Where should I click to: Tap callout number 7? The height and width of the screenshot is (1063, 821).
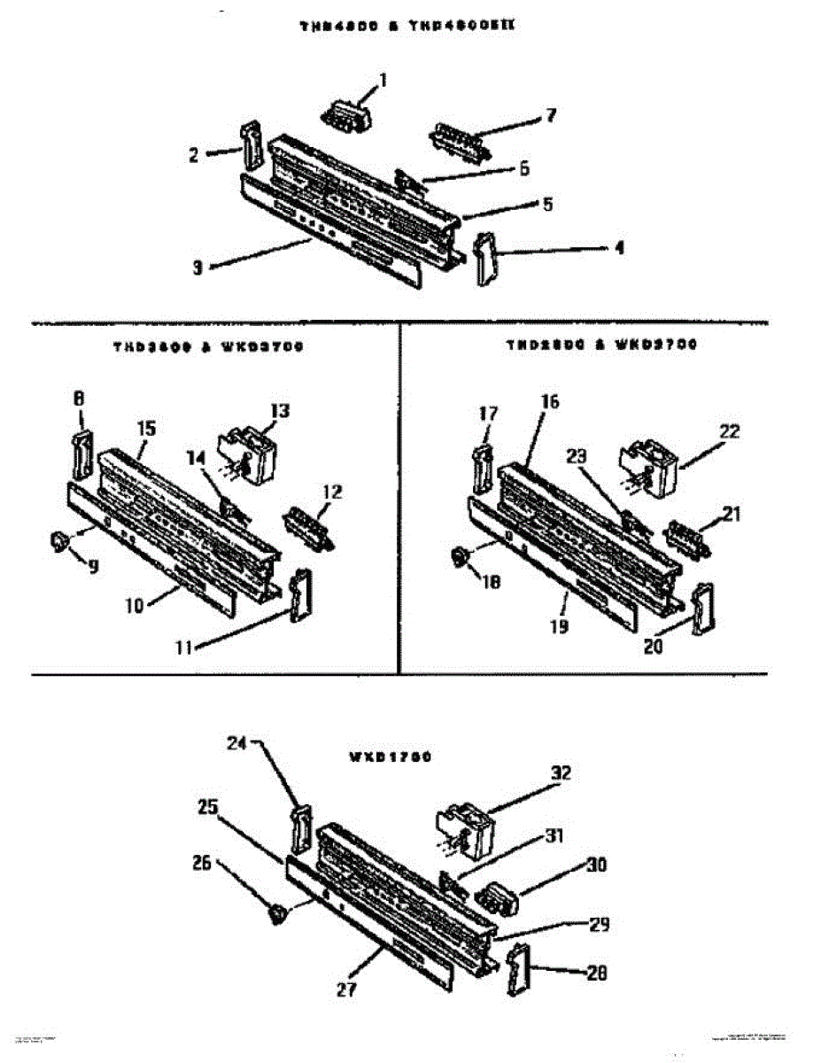pyautogui.click(x=550, y=115)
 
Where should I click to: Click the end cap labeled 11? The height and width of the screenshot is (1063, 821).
pyautogui.click(x=298, y=596)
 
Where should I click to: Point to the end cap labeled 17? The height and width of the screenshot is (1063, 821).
pyautogui.click(x=483, y=468)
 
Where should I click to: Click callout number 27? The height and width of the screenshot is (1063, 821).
pyautogui.click(x=346, y=989)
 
